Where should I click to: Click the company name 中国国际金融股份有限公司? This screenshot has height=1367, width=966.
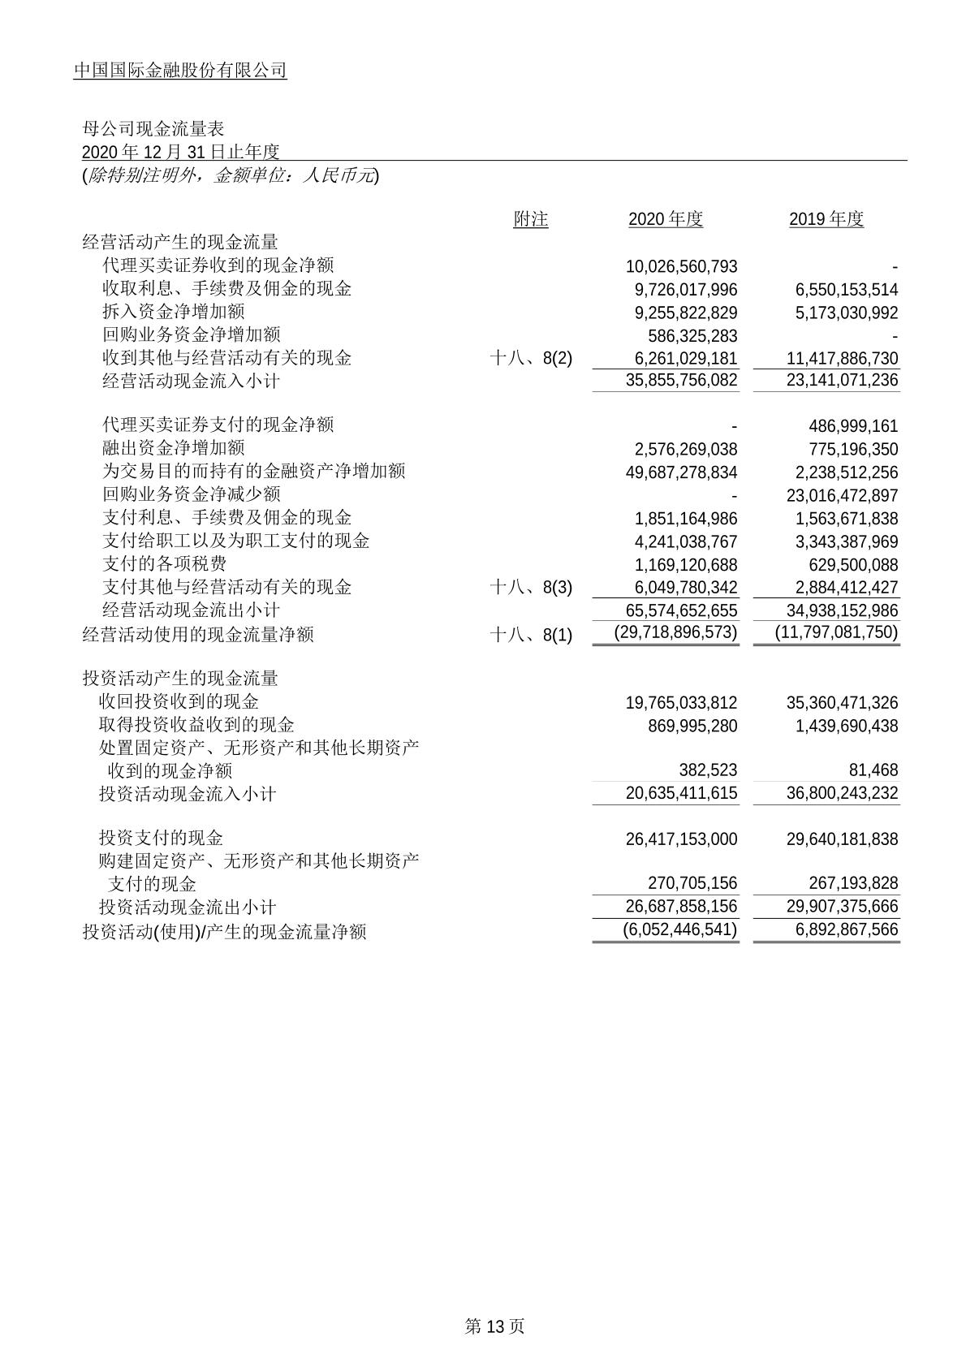[x=180, y=71]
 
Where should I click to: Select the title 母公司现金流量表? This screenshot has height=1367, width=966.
[x=153, y=129]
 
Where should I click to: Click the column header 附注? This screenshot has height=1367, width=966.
[x=531, y=219]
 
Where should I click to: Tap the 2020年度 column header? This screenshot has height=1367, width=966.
[x=666, y=219]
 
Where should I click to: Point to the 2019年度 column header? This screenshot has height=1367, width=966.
[x=826, y=219]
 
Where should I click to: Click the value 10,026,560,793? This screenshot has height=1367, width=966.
[x=682, y=266]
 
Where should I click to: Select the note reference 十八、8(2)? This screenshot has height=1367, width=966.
[x=532, y=359]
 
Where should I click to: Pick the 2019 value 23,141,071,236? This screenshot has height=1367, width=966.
[x=842, y=381]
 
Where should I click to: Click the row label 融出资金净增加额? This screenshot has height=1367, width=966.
[x=174, y=448]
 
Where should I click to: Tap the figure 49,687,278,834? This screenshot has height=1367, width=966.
[x=682, y=472]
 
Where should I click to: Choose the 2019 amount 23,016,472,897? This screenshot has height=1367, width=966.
[x=842, y=495]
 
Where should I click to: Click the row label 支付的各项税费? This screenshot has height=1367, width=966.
[x=165, y=564]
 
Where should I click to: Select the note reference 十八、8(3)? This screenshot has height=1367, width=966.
[x=532, y=588]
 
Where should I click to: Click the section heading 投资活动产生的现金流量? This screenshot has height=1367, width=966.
[x=180, y=678]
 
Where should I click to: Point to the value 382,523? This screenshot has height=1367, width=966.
[x=703, y=770]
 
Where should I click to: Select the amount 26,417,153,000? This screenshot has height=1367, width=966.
[x=682, y=839]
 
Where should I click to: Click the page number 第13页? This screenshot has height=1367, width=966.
[x=494, y=1326]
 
